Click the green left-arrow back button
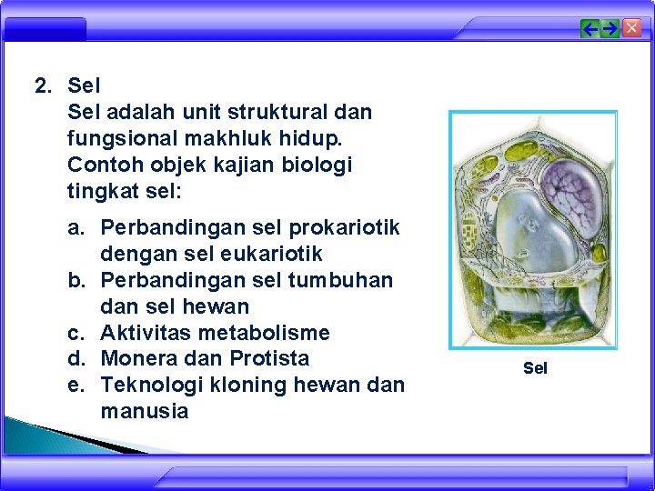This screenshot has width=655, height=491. [x=589, y=29]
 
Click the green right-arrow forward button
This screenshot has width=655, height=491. [x=610, y=29]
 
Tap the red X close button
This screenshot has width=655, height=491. [x=631, y=28]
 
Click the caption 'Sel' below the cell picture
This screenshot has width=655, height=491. [x=535, y=368]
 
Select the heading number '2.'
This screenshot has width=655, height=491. [x=44, y=86]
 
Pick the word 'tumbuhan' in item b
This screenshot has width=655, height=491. [x=340, y=280]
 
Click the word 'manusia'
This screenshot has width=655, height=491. [x=145, y=411]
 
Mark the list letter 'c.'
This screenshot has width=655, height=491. [x=76, y=333]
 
